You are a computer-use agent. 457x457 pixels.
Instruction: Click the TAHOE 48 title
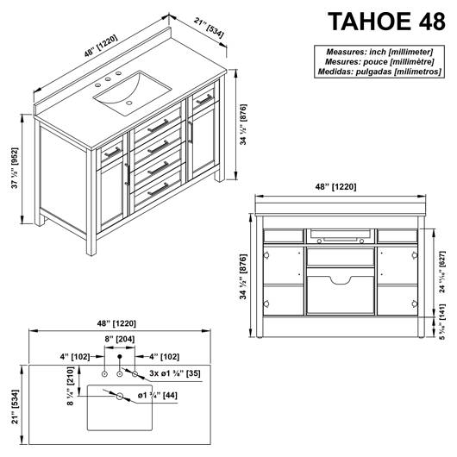386,22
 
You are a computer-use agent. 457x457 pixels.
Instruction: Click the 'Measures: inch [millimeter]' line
379,52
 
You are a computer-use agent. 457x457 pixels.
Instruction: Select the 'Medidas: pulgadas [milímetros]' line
379,72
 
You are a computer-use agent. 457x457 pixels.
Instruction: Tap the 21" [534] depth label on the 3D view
209,28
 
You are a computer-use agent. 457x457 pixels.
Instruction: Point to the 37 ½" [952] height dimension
15,168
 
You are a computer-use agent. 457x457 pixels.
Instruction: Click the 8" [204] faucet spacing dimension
120,339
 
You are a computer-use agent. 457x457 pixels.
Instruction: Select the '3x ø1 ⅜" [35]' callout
175,373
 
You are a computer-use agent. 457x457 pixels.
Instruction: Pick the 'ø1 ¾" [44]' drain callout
158,396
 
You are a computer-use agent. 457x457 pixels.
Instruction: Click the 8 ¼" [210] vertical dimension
71,386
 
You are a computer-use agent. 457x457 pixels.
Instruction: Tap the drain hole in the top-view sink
120,397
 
